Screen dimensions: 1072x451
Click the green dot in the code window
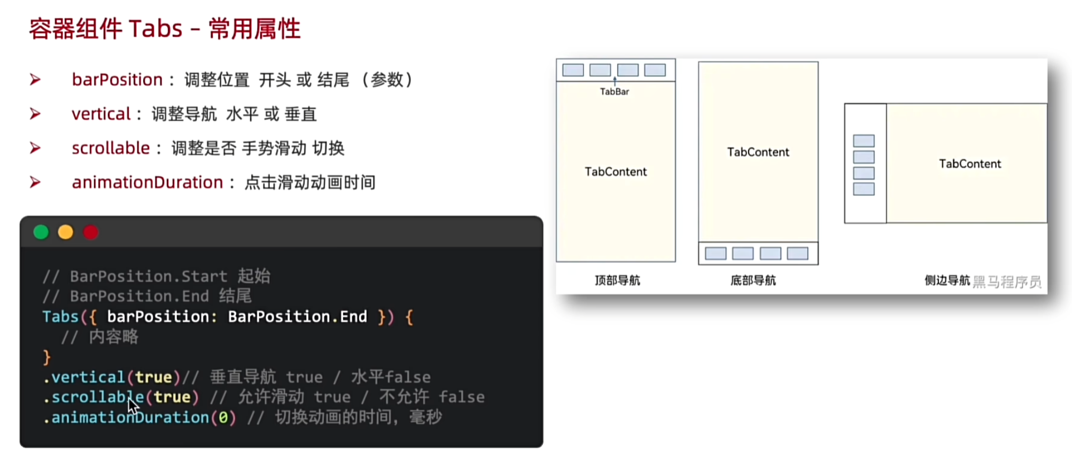point(41,232)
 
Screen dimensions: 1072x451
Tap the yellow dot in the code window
point(66,232)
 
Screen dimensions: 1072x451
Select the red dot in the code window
point(91,232)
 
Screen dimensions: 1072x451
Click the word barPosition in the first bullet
point(117,80)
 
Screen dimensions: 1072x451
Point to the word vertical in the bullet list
point(101,114)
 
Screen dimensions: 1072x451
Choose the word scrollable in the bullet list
point(111,148)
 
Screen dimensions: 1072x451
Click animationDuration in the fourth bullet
point(147,182)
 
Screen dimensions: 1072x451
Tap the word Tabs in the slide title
point(156,28)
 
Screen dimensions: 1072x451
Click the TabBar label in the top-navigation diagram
point(614,91)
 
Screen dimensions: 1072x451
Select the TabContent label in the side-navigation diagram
point(970,164)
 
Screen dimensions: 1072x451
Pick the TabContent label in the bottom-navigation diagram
point(758,152)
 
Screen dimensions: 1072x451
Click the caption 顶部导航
point(617,280)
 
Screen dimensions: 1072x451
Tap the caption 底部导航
point(753,280)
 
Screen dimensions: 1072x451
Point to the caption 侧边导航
point(947,280)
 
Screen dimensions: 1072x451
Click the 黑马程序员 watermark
point(1007,282)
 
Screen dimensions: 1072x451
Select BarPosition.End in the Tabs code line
point(297,316)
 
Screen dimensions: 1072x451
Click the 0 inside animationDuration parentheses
point(223,417)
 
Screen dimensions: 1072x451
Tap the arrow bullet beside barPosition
point(35,80)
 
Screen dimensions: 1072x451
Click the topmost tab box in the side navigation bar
point(864,141)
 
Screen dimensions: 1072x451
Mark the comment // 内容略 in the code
point(100,337)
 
